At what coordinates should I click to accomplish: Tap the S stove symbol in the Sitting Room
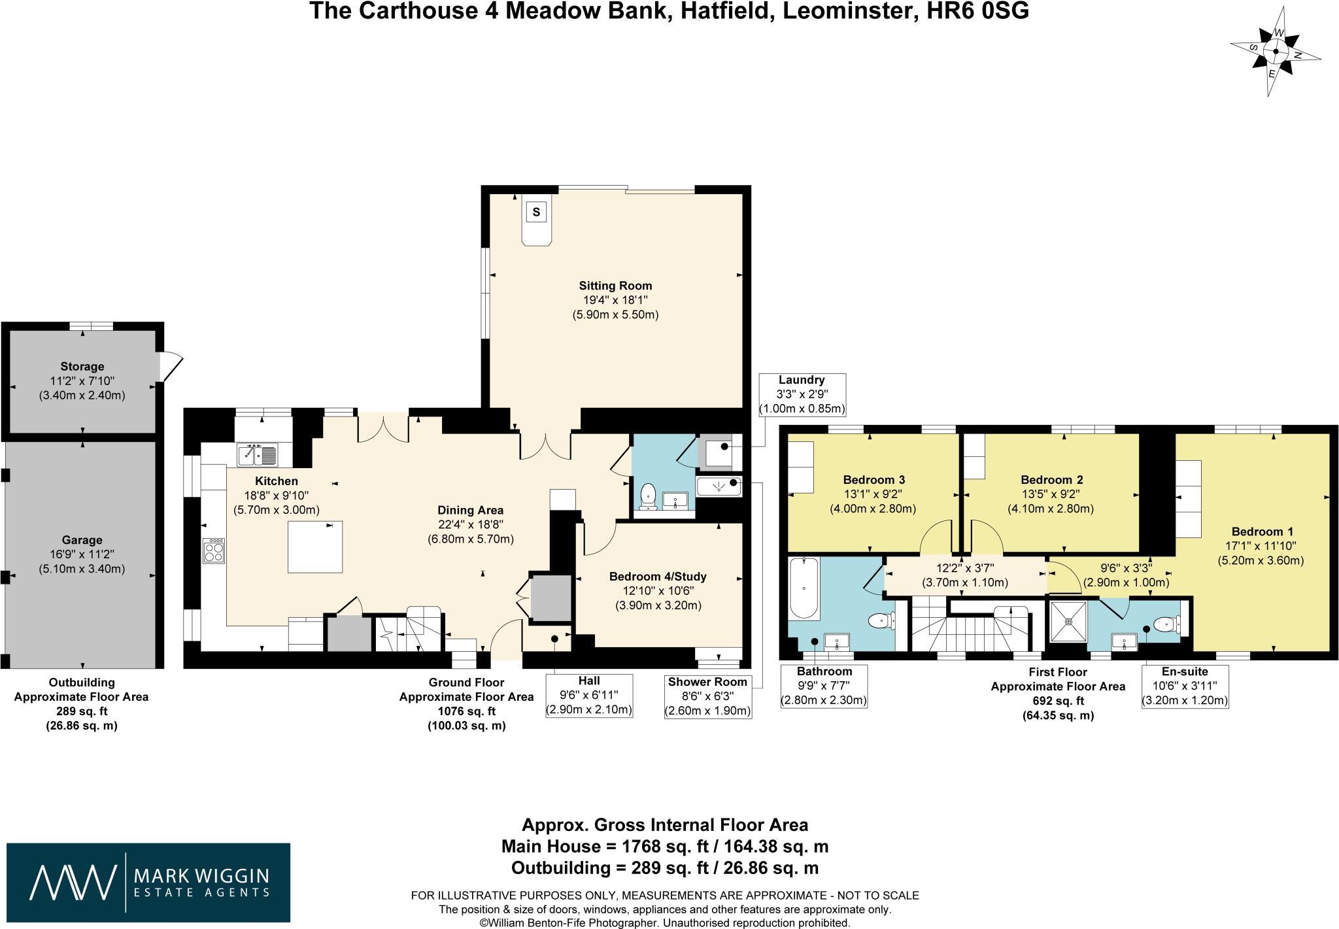(x=536, y=212)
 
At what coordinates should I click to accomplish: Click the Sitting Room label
(x=615, y=286)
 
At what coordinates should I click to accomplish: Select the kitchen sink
(x=258, y=454)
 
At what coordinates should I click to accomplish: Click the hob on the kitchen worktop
(x=214, y=550)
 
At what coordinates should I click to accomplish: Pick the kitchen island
(x=315, y=547)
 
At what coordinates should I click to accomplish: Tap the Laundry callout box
(x=802, y=395)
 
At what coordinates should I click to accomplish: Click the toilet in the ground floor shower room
(x=649, y=495)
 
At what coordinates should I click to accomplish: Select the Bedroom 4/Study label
(x=658, y=577)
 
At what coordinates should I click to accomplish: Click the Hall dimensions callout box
(x=588, y=696)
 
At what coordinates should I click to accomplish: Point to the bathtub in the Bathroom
(x=804, y=588)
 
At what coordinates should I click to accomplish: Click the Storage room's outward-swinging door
(x=171, y=366)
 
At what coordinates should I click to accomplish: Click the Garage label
(x=82, y=540)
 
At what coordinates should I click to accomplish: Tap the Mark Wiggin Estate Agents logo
(x=148, y=882)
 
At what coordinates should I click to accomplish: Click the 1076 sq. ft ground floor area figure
(x=466, y=711)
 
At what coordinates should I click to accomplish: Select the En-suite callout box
(x=1184, y=686)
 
